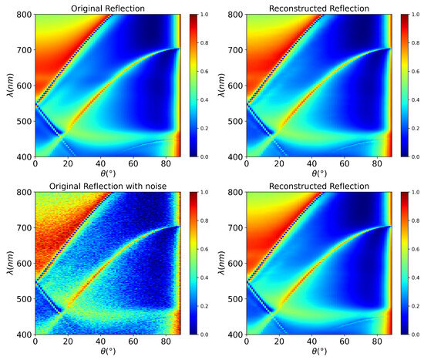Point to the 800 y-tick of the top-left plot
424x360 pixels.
tap(25, 15)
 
